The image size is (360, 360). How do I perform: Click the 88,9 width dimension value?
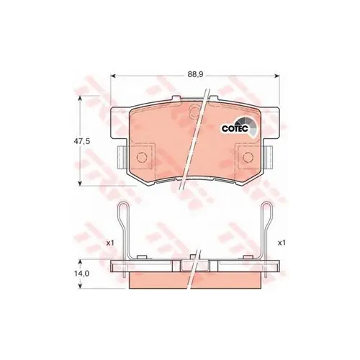pos(191,73)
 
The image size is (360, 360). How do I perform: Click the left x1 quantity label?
pos(109,243)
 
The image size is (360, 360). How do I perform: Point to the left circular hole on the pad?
pos(142,157)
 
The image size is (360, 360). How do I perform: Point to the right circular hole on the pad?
pos(248,157)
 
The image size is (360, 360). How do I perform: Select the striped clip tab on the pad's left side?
pos(120,156)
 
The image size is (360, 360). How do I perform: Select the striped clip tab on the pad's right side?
pos(269,156)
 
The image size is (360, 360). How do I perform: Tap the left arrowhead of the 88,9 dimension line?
pos(115,73)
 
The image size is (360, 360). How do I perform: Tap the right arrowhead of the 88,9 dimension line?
pos(274,73)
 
